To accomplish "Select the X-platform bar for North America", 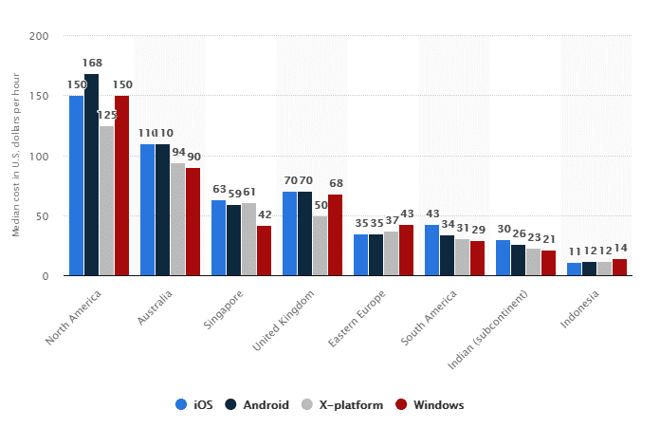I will (x=106, y=200).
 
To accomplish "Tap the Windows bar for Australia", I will (x=192, y=221).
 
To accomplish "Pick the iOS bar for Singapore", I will (x=218, y=237).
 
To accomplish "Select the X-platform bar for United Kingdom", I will (x=320, y=246).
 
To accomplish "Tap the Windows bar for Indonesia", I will (x=619, y=267).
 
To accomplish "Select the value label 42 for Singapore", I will (x=264, y=215).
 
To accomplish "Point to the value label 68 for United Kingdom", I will (x=335, y=184).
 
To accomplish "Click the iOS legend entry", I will (x=193, y=405).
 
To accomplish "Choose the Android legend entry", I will (x=259, y=405).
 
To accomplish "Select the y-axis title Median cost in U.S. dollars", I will (x=16, y=156).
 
